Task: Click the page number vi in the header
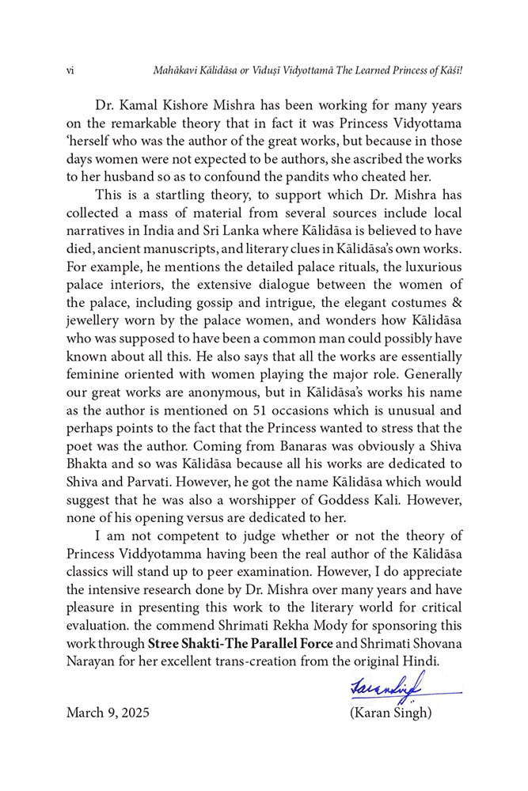[70, 71]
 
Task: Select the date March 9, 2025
[108, 712]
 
